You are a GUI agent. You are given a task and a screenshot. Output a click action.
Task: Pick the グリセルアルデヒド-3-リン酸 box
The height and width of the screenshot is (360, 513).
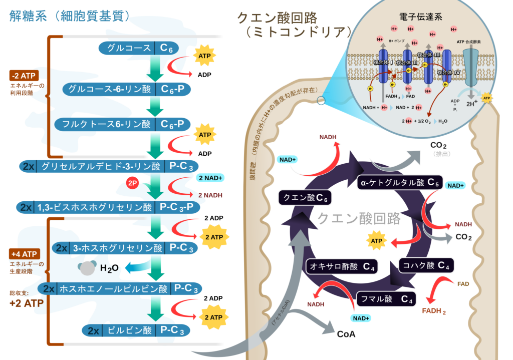(x=108, y=166)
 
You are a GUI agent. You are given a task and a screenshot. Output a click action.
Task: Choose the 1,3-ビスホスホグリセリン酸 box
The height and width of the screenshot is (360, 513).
(x=108, y=207)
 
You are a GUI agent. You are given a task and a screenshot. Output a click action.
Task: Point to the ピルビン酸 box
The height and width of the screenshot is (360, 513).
(x=135, y=330)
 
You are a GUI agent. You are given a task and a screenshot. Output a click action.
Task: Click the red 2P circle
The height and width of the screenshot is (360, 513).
(x=133, y=183)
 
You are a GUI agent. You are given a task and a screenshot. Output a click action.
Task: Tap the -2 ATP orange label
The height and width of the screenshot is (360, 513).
(x=24, y=76)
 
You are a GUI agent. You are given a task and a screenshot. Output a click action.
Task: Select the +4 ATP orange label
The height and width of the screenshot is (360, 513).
(x=24, y=253)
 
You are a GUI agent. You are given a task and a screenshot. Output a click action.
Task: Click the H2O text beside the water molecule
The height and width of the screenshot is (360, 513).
(x=109, y=268)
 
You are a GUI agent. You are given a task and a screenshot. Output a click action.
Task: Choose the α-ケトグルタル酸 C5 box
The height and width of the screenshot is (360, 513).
(x=399, y=183)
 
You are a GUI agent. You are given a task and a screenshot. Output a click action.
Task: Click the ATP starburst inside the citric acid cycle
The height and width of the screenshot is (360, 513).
(x=377, y=241)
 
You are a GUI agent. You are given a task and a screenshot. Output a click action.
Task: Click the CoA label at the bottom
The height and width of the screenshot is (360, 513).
(x=346, y=334)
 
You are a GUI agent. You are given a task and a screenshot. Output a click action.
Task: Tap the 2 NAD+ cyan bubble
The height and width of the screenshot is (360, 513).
(x=211, y=178)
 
